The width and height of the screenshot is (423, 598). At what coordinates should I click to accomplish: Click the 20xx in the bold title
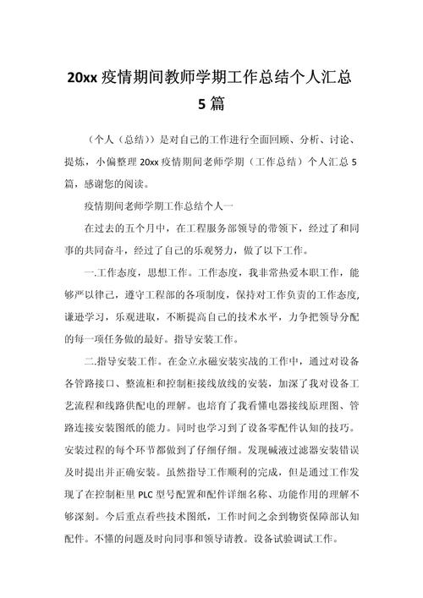pyautogui.click(x=83, y=78)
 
